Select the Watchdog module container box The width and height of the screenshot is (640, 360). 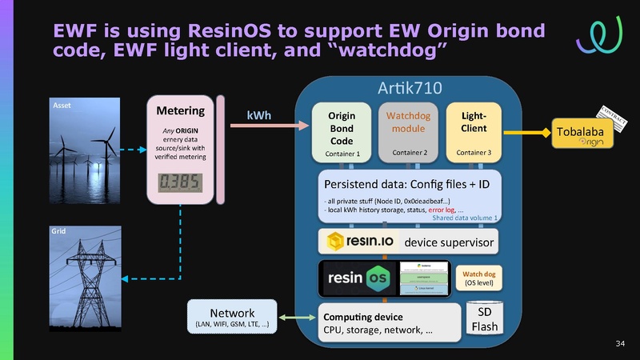tap(408, 131)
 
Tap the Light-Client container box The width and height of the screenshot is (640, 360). tap(474, 131)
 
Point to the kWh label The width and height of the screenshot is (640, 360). tap(258, 116)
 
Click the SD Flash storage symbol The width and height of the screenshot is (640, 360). tap(484, 318)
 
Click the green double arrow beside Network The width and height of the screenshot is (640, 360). tap(295, 319)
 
